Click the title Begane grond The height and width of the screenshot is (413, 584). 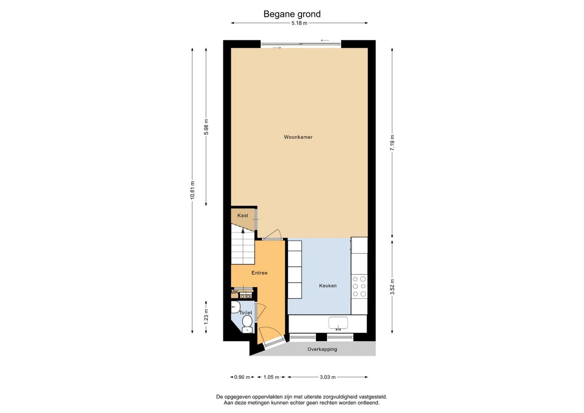point(292,14)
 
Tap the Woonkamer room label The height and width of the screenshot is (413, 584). point(298,137)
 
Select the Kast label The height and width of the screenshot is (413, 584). point(243,216)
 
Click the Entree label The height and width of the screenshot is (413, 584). point(259,273)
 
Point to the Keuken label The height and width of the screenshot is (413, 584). point(328,286)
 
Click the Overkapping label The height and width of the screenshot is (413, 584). point(322,349)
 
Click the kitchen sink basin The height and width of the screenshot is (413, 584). point(338,324)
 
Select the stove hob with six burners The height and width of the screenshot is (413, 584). point(359,286)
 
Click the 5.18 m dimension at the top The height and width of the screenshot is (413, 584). point(299,23)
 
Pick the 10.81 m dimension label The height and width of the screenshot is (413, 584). point(192,190)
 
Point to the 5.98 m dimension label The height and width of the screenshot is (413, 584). point(206,127)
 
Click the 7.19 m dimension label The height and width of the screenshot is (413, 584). point(392,143)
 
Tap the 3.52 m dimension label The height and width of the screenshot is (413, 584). point(392,287)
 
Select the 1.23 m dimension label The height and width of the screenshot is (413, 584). point(206,317)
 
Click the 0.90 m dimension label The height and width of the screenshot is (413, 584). point(242,377)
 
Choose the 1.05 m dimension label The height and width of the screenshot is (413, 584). point(271,377)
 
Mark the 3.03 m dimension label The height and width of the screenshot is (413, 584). point(328,377)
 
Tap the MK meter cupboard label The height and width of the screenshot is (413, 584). point(234,292)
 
